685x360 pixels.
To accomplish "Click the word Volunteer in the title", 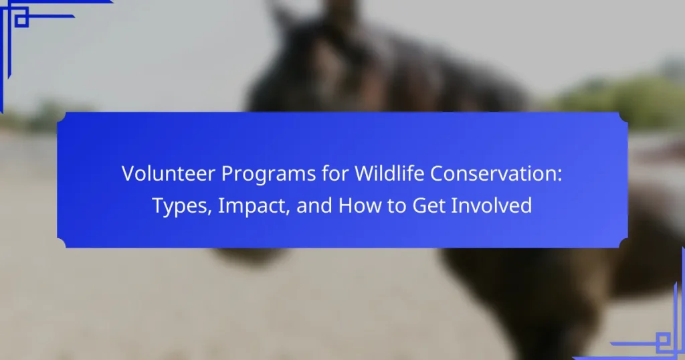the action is pyautogui.click(x=168, y=173).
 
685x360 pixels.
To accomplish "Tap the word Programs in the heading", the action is pyautogui.click(x=268, y=175).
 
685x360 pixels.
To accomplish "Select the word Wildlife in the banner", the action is pyautogui.click(x=389, y=173).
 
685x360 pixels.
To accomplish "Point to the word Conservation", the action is pyautogui.click(x=493, y=173).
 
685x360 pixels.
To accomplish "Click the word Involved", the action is pyautogui.click(x=492, y=205).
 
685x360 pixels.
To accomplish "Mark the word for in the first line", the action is pyautogui.click(x=335, y=173).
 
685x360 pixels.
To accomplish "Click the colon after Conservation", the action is pyautogui.click(x=560, y=175).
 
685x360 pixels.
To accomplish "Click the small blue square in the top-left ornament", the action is pyautogui.click(x=21, y=20).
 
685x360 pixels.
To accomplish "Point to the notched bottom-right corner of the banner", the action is pyautogui.click(x=623, y=244).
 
